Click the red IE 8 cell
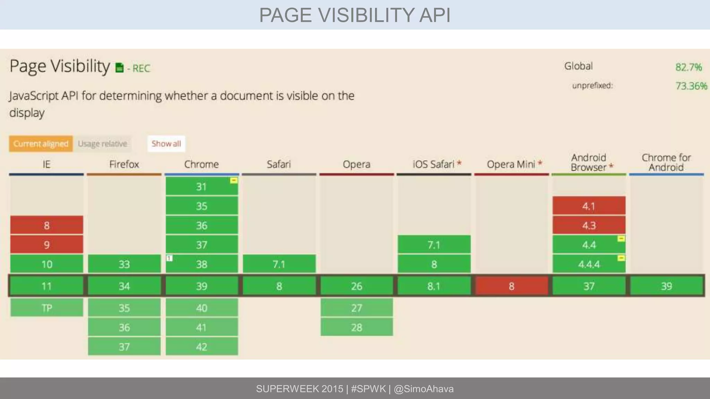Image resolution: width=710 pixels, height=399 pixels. point(46,225)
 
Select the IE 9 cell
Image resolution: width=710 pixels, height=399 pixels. point(46,245)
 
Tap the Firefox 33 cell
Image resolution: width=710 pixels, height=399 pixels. point(124,264)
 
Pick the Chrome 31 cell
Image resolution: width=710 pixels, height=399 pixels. point(201,186)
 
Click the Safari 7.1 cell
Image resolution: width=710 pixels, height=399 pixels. point(279,264)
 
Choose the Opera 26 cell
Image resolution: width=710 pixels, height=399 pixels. point(356,286)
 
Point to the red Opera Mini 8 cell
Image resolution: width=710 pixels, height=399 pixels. point(511,286)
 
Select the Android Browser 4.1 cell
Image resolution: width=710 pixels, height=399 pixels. point(589,206)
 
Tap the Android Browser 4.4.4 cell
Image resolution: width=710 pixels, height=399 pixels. point(589,264)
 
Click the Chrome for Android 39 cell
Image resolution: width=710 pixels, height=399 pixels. point(666,286)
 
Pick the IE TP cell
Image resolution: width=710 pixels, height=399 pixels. point(46,308)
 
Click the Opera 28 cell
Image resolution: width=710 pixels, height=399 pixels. point(356,327)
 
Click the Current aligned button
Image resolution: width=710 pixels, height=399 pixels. point(41,144)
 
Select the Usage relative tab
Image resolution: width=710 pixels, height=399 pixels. point(102,144)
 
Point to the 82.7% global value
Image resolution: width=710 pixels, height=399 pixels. point(689,67)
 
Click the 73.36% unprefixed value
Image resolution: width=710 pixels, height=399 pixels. point(691,86)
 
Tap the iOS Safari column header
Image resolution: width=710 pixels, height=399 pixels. point(433,164)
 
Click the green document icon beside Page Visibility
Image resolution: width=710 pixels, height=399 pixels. point(120,68)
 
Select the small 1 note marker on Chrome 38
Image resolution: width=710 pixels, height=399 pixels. point(169,258)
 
